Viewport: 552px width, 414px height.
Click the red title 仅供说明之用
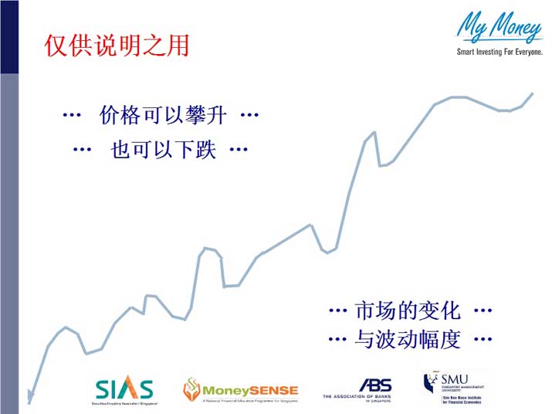point(117,46)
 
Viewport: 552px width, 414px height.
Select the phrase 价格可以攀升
point(163,116)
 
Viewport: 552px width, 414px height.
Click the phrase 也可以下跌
point(163,150)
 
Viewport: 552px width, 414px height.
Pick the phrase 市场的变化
point(407,310)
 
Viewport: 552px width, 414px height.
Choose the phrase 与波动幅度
point(407,339)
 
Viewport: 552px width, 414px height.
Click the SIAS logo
point(124,390)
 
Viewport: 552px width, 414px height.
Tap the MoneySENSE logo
point(239,391)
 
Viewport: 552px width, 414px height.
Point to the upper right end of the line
point(532,93)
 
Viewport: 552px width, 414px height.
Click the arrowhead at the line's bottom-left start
point(30,397)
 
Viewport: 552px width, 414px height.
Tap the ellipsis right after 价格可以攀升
point(249,116)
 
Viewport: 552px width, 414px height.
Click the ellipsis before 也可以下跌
point(82,150)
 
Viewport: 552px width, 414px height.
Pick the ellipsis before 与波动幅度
point(337,339)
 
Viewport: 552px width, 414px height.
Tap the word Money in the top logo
point(513,29)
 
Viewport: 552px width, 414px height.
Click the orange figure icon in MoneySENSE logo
point(191,391)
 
